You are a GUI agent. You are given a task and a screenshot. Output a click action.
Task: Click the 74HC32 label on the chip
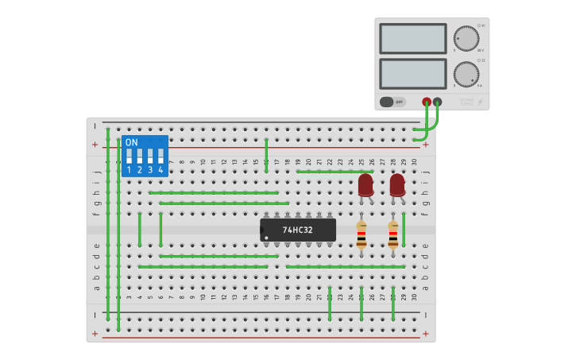[x=298, y=230]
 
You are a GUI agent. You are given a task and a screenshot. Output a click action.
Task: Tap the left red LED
[x=365, y=185]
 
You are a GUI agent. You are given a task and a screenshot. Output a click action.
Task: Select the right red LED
[x=397, y=185]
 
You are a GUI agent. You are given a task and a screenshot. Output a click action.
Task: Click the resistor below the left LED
[x=361, y=235]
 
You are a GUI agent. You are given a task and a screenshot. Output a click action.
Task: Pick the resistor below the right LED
[x=393, y=235]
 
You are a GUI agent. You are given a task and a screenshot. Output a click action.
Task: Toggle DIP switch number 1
[x=129, y=155]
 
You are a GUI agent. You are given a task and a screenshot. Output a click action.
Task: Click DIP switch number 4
[x=160, y=155]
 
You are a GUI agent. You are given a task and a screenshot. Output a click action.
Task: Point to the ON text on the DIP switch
[x=131, y=142]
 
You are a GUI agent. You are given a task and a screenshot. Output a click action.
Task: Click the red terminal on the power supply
[x=427, y=102]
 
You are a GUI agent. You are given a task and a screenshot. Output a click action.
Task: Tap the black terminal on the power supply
[x=438, y=102]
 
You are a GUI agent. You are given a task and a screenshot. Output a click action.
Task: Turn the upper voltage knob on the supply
[x=466, y=38]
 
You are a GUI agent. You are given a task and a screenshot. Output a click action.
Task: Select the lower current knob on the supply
[x=466, y=75]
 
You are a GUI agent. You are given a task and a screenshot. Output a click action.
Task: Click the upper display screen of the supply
[x=413, y=38]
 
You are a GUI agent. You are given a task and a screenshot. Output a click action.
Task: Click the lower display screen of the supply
[x=413, y=74]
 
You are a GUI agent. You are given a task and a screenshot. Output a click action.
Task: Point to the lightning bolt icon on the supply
[x=480, y=102]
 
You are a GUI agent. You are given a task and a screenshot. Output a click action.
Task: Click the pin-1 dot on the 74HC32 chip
[x=266, y=237]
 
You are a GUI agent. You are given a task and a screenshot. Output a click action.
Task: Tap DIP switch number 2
[x=139, y=155]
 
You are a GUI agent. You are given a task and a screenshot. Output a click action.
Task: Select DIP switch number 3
[x=150, y=155]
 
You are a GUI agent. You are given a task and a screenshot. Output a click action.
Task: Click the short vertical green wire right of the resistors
[x=404, y=230]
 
